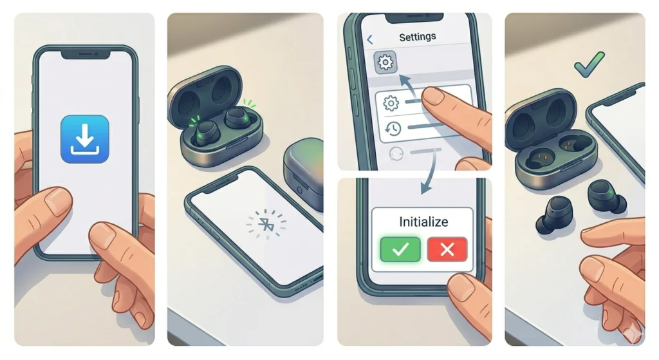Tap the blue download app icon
85,138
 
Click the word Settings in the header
418,37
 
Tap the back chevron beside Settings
369,40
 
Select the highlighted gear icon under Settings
385,62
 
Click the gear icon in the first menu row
391,103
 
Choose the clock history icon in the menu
391,129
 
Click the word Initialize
423,222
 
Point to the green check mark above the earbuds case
590,65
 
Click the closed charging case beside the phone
304,173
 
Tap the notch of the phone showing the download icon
86,54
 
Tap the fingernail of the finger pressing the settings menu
436,96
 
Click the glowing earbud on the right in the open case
237,118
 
